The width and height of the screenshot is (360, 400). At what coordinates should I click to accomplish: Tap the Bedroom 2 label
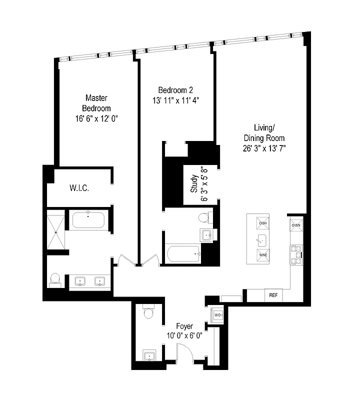click(x=176, y=95)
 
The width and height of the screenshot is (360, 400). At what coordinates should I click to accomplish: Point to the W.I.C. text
click(x=79, y=188)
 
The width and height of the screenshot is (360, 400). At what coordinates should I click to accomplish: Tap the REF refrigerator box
click(x=273, y=295)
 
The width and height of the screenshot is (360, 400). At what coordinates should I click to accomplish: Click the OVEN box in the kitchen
click(x=296, y=224)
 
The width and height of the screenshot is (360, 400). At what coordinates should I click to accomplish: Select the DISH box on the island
click(x=263, y=223)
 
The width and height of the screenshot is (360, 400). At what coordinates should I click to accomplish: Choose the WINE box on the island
click(x=263, y=254)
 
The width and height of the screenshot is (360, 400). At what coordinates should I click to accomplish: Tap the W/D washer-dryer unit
click(x=218, y=315)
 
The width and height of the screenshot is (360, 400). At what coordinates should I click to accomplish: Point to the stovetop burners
click(x=296, y=254)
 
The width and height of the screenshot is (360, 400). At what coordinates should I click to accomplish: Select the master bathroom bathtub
click(x=88, y=220)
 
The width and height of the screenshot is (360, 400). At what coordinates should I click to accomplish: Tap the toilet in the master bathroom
click(x=55, y=279)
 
